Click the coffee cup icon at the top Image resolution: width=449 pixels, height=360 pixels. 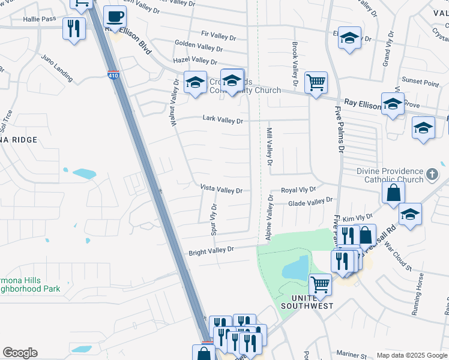click(115, 17)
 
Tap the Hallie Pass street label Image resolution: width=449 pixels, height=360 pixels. click(40, 19)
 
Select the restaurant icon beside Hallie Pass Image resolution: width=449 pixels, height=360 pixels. click(74, 29)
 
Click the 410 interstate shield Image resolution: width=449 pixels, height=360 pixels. click(115, 76)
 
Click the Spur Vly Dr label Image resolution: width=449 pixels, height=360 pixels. click(214, 220)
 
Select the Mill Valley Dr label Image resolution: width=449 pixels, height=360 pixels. click(270, 146)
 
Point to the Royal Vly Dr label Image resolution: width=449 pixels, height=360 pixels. click(298, 190)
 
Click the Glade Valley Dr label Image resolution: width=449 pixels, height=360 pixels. click(310, 203)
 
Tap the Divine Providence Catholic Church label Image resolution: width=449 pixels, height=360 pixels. click(390, 175)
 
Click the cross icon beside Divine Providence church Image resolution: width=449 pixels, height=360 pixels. click(432, 176)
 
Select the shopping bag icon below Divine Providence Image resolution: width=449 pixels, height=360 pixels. click(393, 193)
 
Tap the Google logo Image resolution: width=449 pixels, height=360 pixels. click(20, 353)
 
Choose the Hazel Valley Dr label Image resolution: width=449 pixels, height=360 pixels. click(195, 61)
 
